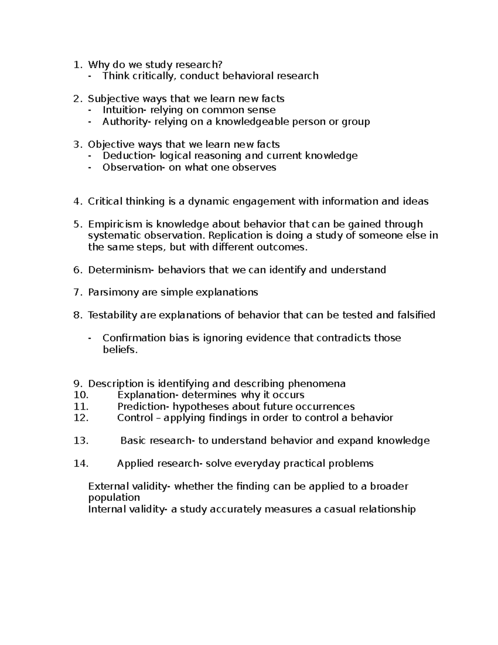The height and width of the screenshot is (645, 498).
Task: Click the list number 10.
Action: pyautogui.click(x=81, y=395)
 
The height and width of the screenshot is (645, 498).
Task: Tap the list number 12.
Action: pyautogui.click(x=81, y=418)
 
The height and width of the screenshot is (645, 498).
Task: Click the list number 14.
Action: pyautogui.click(x=81, y=464)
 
